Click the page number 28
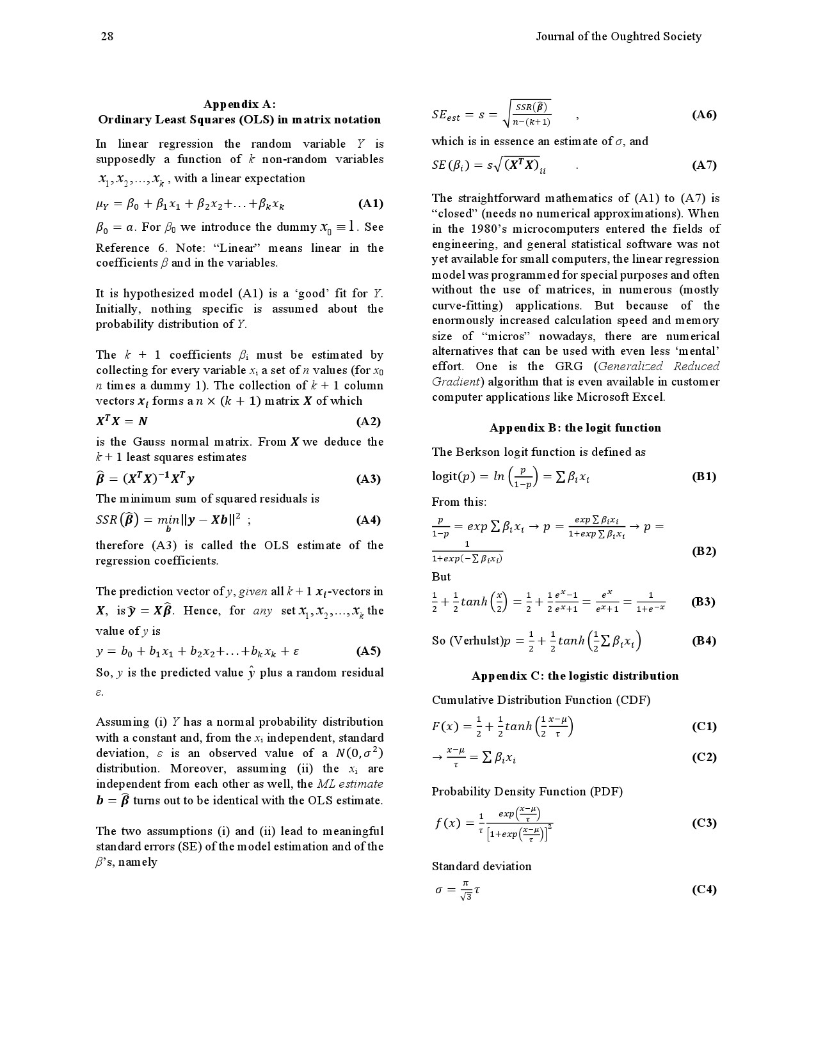107,36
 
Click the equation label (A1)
371,204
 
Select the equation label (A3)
368,479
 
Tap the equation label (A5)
368,652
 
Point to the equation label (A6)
704,114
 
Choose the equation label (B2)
704,551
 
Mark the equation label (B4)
704,641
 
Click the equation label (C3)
704,823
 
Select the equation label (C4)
704,889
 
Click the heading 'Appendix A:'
239,104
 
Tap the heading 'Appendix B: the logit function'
575,428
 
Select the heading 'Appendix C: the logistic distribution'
575,676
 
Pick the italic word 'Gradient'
454,382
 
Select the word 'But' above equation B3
441,577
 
